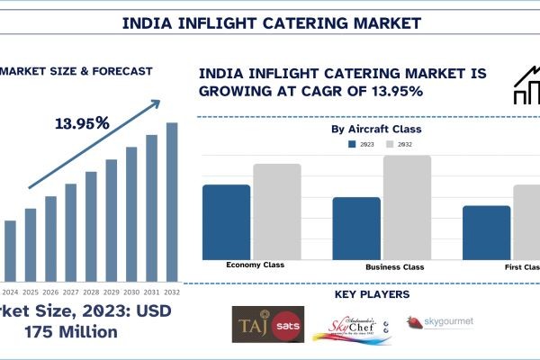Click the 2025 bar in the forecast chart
click(31, 244)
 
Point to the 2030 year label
click(131, 292)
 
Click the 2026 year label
click(50, 292)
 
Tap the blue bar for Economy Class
click(226, 222)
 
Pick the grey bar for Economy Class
click(276, 212)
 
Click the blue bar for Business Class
click(356, 229)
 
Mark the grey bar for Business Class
click(407, 208)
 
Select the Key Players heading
click(372, 294)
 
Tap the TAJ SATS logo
click(268, 323)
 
